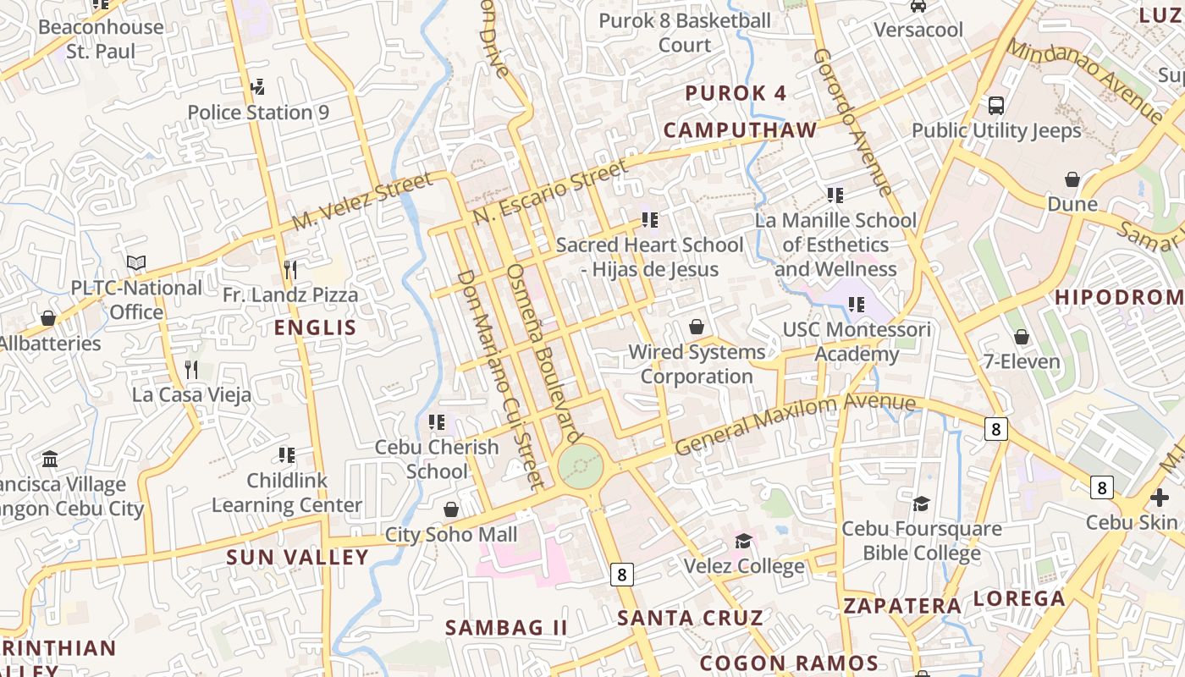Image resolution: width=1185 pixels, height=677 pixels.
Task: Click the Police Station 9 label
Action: coord(258,113)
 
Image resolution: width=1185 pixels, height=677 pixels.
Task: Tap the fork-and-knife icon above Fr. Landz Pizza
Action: coord(290,270)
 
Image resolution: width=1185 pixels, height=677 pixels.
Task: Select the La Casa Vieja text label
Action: coord(191,394)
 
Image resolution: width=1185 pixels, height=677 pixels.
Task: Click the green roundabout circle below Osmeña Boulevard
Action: coord(581,465)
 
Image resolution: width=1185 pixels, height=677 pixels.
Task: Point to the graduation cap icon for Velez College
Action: coord(743,541)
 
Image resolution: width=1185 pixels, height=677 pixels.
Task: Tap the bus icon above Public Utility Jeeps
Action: coord(996,106)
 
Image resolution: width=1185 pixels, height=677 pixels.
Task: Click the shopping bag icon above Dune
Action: coord(1072,179)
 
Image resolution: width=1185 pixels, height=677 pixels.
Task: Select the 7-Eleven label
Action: coord(1022,362)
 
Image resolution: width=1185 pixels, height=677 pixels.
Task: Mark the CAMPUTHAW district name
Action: coord(740,130)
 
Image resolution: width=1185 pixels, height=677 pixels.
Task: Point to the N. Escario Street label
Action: coord(551,191)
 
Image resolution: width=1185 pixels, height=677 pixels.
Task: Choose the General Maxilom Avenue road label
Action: coord(795,422)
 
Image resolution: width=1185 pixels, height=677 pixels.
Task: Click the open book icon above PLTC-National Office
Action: coord(136,263)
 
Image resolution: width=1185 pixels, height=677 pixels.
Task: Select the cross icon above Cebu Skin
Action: coord(1160,498)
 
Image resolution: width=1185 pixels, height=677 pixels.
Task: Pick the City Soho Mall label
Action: coord(451,535)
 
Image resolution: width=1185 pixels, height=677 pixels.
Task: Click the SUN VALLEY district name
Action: coord(297,557)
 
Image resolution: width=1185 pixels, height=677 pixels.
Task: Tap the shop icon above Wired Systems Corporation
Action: coord(697,327)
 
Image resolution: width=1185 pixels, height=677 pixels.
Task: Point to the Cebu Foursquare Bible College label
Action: coord(921,541)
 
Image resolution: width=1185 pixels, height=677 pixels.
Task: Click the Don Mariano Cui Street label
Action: coord(499,380)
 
